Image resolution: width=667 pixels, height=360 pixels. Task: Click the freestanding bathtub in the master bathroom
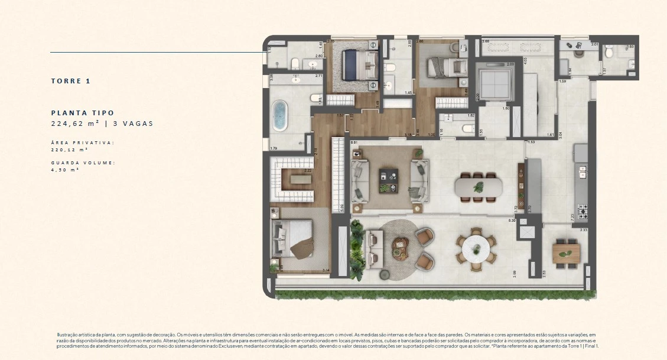(279, 116)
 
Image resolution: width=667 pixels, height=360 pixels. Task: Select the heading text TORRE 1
(70, 81)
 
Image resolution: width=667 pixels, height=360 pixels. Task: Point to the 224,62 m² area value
(74, 124)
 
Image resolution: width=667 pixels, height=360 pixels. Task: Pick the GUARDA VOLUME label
(83, 162)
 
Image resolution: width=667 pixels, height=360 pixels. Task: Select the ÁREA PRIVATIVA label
(82, 142)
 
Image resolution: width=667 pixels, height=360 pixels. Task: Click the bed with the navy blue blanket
(357, 64)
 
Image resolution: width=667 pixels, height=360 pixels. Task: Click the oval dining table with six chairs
(479, 187)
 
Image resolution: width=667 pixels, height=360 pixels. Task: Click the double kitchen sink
(583, 172)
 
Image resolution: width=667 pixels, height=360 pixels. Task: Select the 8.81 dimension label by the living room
(354, 143)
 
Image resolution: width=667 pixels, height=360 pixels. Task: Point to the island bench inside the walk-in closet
(296, 178)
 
